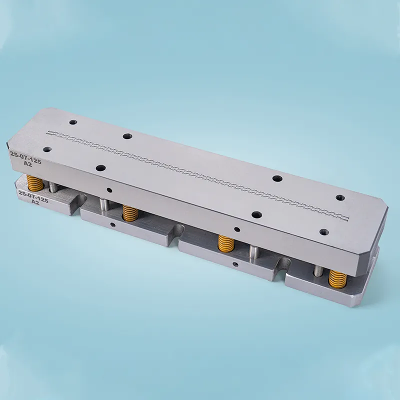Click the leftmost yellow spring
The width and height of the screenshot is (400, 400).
(x=35, y=183)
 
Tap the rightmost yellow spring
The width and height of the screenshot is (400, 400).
(x=337, y=279)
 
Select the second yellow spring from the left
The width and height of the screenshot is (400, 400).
(x=130, y=212)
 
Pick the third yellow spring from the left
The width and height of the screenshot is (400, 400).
(x=226, y=243)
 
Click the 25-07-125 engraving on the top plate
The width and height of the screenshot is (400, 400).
(x=25, y=157)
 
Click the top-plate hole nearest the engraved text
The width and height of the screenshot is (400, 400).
(x=47, y=149)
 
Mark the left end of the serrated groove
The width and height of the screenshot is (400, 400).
(x=47, y=133)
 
